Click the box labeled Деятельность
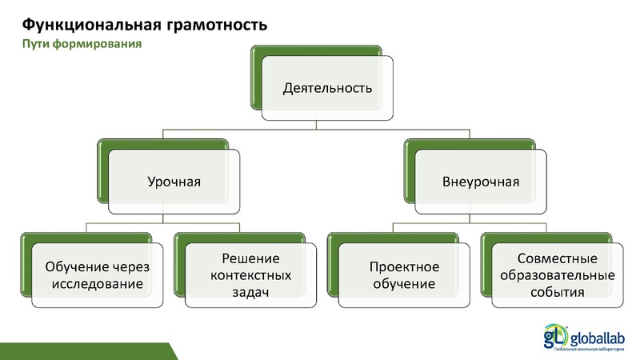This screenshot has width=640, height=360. pos(327,86)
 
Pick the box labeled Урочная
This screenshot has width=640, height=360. pos(174,182)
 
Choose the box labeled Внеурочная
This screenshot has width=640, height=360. pos(481,182)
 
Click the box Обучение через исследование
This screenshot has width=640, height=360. pos(97,274)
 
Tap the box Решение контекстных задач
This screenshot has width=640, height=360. pos(250,274)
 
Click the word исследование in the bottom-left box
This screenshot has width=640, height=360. pos(97,283)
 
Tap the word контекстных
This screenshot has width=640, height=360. pos(250,274)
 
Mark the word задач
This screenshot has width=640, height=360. pos(250,292)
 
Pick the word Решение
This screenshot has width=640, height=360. pos(250,258)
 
